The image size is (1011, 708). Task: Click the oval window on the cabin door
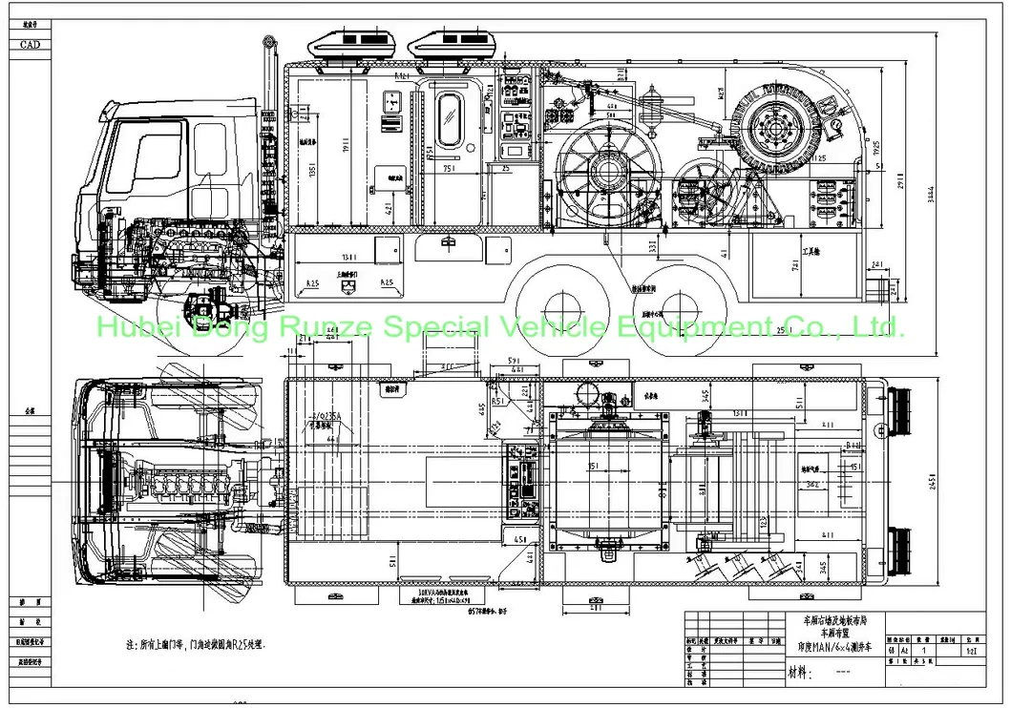448,120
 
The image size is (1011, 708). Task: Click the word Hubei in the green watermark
134,328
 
